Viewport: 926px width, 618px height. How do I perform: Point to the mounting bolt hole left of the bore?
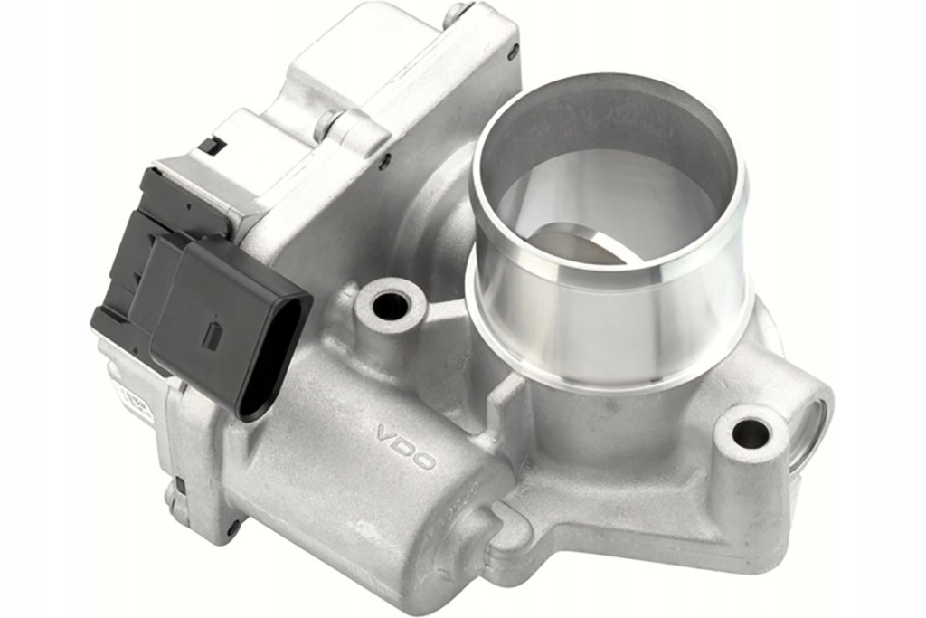[x=390, y=306]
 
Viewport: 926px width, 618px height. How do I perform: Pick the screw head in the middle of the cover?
[x=327, y=124]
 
